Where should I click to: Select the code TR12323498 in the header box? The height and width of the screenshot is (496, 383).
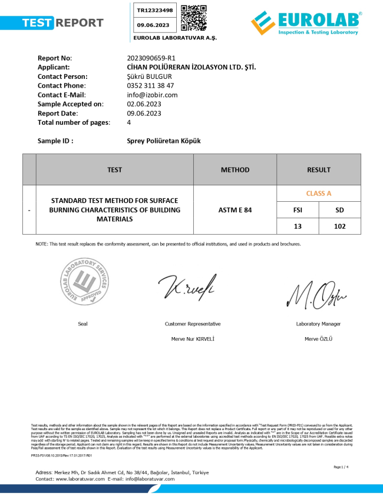pos(155,11)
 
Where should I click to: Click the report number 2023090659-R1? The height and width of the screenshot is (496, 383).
pos(151,58)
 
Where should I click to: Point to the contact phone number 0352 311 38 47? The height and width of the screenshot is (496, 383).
pos(150,85)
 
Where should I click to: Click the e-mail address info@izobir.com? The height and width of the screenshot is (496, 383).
pos(152,95)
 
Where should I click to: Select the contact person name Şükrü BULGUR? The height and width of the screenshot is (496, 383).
pos(149,76)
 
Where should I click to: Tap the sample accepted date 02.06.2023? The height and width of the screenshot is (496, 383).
pos(144,104)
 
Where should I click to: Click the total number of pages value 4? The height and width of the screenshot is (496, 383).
pos(129,122)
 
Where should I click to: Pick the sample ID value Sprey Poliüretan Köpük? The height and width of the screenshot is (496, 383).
pos(164,141)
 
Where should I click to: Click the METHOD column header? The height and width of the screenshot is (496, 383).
pos(235,170)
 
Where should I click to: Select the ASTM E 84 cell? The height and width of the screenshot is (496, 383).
pos(235,209)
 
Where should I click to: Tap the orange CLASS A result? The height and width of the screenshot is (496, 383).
pos(319,193)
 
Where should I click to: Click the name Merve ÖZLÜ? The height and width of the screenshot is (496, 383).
pos(318,339)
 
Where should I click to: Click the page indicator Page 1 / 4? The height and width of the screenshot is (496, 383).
pos(341,467)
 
